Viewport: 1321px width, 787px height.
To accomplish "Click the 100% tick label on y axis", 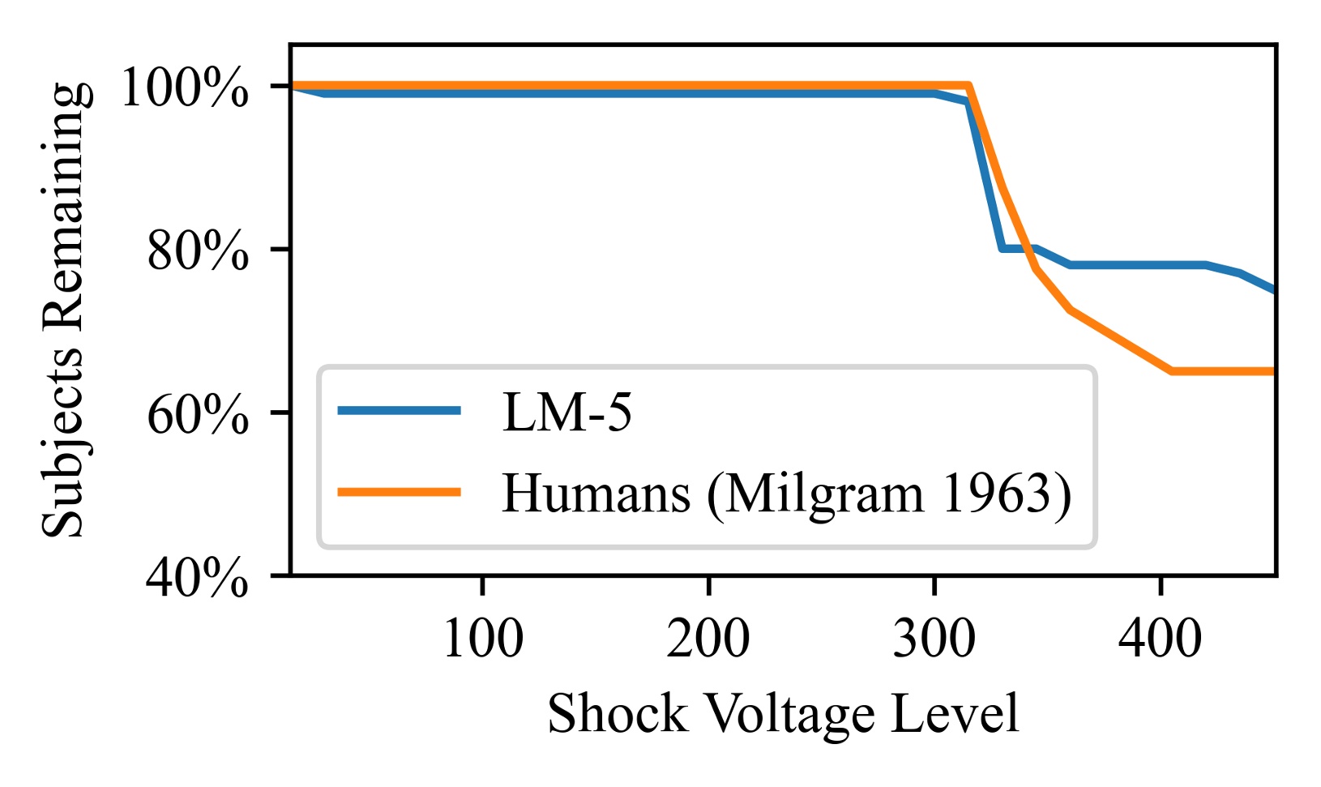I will coord(184,88).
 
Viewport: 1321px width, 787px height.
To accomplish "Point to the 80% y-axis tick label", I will coord(197,251).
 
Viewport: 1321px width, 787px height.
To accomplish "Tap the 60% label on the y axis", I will coord(197,415).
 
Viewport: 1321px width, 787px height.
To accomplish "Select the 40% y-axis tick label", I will coord(197,578).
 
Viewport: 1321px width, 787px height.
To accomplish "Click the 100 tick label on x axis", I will coord(482,639).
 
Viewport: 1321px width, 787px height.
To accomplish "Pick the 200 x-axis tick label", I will coord(708,639).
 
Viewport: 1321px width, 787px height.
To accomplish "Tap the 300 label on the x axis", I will coord(934,639).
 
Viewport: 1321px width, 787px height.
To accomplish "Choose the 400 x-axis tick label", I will coord(1160,639).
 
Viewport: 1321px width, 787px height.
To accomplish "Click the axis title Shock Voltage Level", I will coord(783,714).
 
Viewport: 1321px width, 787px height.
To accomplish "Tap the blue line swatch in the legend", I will coord(399,410).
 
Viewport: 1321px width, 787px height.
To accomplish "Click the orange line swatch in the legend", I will coord(399,491).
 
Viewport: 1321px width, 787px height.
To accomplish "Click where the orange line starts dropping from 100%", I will coord(969,85).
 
